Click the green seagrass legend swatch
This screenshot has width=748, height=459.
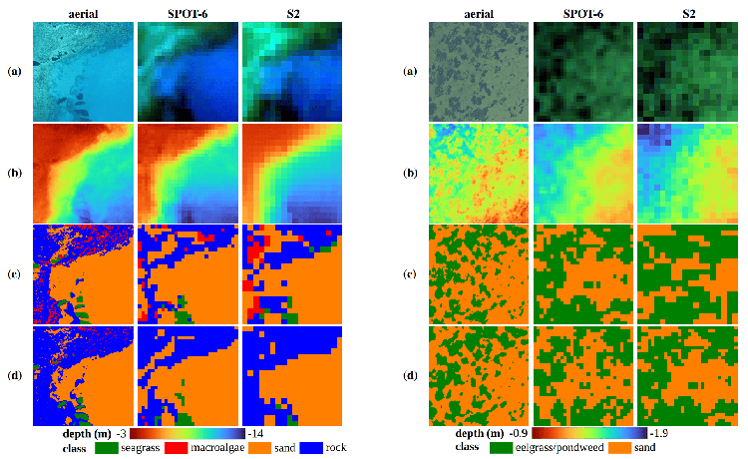pyautogui.click(x=107, y=448)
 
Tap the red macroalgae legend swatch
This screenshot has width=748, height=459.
pyautogui.click(x=176, y=448)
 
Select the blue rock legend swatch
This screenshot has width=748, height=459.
pyautogui.click(x=311, y=448)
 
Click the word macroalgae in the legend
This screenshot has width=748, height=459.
pyautogui.click(x=217, y=448)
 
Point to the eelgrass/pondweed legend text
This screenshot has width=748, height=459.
pyautogui.click(x=560, y=448)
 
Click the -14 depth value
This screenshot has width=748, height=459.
pyautogui.click(x=255, y=434)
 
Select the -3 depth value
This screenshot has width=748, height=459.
pyautogui.click(x=121, y=434)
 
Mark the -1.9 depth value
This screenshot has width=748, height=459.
pyautogui.click(x=659, y=433)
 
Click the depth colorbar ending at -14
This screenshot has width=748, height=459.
pyautogui.click(x=187, y=433)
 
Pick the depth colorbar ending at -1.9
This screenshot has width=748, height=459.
pyautogui.click(x=589, y=433)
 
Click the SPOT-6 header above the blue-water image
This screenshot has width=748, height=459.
pyautogui.click(x=187, y=14)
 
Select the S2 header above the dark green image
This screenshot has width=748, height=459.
pyautogui.click(x=689, y=14)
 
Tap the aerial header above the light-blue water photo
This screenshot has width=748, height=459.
pyautogui.click(x=83, y=14)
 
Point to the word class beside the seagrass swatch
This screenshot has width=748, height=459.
pyautogui.click(x=74, y=448)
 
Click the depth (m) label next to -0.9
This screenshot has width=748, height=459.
pyautogui.click(x=480, y=433)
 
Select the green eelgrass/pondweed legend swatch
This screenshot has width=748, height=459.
pyautogui.click(x=501, y=448)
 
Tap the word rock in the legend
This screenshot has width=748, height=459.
pyautogui.click(x=336, y=448)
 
